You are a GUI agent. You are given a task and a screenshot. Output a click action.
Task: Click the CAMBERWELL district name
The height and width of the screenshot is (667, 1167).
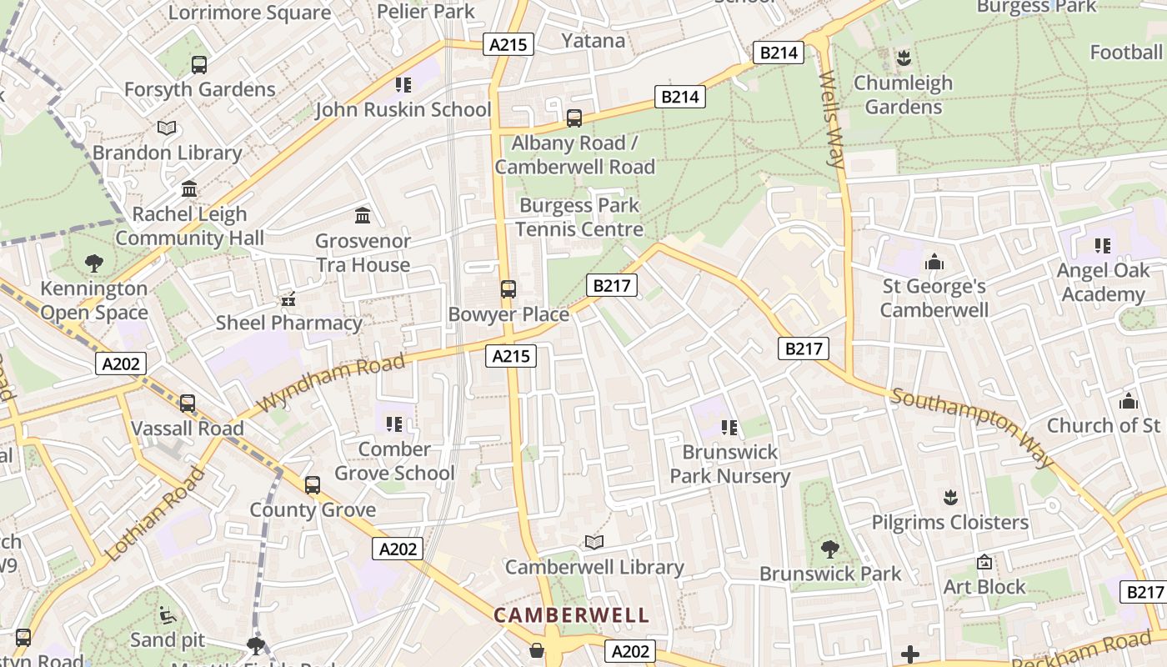coord(571,616)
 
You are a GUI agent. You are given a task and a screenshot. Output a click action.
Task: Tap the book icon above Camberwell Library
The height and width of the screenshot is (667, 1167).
coord(594,543)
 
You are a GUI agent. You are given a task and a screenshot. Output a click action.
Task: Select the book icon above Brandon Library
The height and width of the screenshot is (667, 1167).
coord(167,128)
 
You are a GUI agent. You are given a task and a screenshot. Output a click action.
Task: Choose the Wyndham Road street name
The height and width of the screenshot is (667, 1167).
coord(331,382)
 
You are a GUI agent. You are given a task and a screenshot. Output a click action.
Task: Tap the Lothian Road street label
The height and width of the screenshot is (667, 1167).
coord(156,514)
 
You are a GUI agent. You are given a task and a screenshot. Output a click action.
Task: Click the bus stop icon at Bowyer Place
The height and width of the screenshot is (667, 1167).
coord(508,289)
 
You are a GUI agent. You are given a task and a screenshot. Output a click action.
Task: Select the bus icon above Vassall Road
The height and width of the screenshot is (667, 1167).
coord(188,404)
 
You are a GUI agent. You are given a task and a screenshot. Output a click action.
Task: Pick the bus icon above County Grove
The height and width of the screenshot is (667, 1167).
coord(313,485)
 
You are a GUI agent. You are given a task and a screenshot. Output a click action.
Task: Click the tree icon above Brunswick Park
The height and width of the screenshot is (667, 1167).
coord(829,549)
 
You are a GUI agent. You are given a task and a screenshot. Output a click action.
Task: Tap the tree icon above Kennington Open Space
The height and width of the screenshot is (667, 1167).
coord(94,263)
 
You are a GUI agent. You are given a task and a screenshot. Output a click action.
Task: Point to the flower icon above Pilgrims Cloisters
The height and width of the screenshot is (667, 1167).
coord(949,498)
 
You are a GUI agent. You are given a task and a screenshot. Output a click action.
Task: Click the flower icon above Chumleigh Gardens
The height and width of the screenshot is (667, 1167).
coord(903,58)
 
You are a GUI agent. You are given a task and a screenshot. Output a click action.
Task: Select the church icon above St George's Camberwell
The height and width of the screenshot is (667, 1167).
coord(934,262)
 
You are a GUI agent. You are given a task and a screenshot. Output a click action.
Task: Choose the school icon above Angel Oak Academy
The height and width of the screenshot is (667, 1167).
coord(1103,246)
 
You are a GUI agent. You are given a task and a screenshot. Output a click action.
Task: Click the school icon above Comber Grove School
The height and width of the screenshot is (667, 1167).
coord(394,424)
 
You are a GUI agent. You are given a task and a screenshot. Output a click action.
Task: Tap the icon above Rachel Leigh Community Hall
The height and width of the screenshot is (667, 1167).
coord(189,189)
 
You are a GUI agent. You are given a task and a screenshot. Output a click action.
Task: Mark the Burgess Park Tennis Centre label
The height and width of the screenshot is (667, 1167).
coord(579,217)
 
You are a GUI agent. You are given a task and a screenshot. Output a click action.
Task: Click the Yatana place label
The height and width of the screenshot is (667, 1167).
coord(593,41)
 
